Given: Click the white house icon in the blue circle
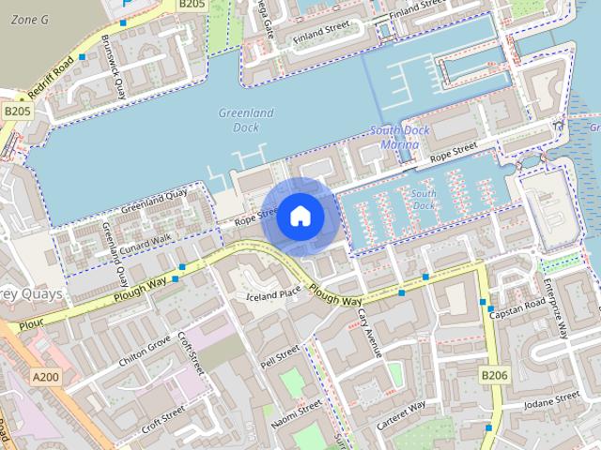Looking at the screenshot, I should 300,216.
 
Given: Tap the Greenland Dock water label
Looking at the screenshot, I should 245,120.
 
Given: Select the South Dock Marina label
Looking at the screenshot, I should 401,138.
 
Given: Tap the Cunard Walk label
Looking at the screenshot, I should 144,241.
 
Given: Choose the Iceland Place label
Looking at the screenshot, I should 272,293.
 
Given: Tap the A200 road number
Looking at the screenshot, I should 44,377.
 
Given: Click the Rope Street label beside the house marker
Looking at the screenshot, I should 256,217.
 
